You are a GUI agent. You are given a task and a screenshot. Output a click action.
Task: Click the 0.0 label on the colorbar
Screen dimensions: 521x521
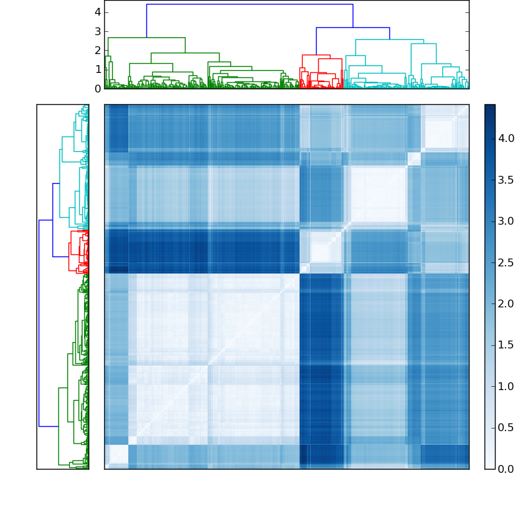(x=505, y=469)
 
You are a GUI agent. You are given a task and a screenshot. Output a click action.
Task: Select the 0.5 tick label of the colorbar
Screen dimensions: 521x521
(x=505, y=427)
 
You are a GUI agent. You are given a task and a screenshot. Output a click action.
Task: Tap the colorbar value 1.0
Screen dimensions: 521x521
(x=505, y=386)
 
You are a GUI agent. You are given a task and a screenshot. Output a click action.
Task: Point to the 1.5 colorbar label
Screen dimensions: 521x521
(x=505, y=345)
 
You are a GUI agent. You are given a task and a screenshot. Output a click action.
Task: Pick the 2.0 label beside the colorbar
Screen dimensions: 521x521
(x=505, y=303)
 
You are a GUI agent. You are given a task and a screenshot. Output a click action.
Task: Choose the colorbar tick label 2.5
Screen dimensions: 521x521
(x=505, y=262)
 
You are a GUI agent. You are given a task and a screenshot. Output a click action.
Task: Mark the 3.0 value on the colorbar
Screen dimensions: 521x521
(x=505, y=221)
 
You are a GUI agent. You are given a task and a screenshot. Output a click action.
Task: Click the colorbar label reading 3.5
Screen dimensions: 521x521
(x=505, y=179)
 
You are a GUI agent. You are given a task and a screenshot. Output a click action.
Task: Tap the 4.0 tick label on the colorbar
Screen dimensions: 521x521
(x=505, y=138)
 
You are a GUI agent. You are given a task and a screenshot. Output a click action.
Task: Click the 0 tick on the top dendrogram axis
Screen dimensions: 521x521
(x=97, y=89)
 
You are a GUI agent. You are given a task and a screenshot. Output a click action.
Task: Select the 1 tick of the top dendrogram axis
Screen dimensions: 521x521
(x=97, y=70)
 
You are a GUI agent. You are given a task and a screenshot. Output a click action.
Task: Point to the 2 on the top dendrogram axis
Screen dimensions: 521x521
(x=97, y=50)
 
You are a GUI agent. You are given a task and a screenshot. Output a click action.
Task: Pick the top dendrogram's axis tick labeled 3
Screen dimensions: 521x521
(x=97, y=31)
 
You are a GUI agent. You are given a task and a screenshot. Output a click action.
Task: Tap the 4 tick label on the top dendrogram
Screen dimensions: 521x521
(x=97, y=12)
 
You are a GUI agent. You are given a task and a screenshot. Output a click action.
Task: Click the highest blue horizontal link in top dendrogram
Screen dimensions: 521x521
(x=249, y=5)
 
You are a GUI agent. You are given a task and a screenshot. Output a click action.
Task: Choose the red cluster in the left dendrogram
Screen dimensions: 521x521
(x=78, y=251)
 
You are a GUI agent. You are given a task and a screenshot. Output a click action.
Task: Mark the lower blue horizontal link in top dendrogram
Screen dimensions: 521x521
(x=353, y=27)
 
